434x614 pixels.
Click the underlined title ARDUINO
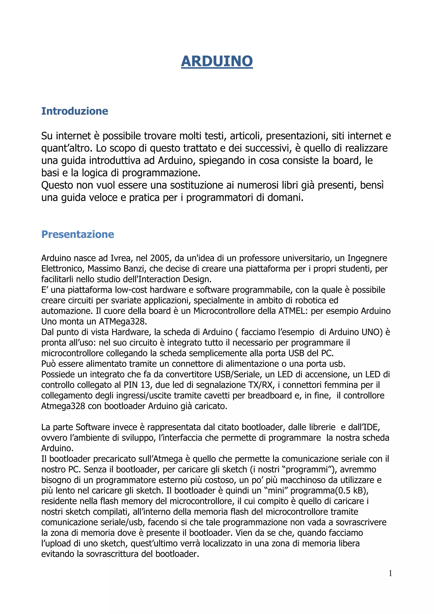click(x=217, y=61)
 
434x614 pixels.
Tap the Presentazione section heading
click(x=78, y=234)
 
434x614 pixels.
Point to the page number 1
click(x=390, y=573)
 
